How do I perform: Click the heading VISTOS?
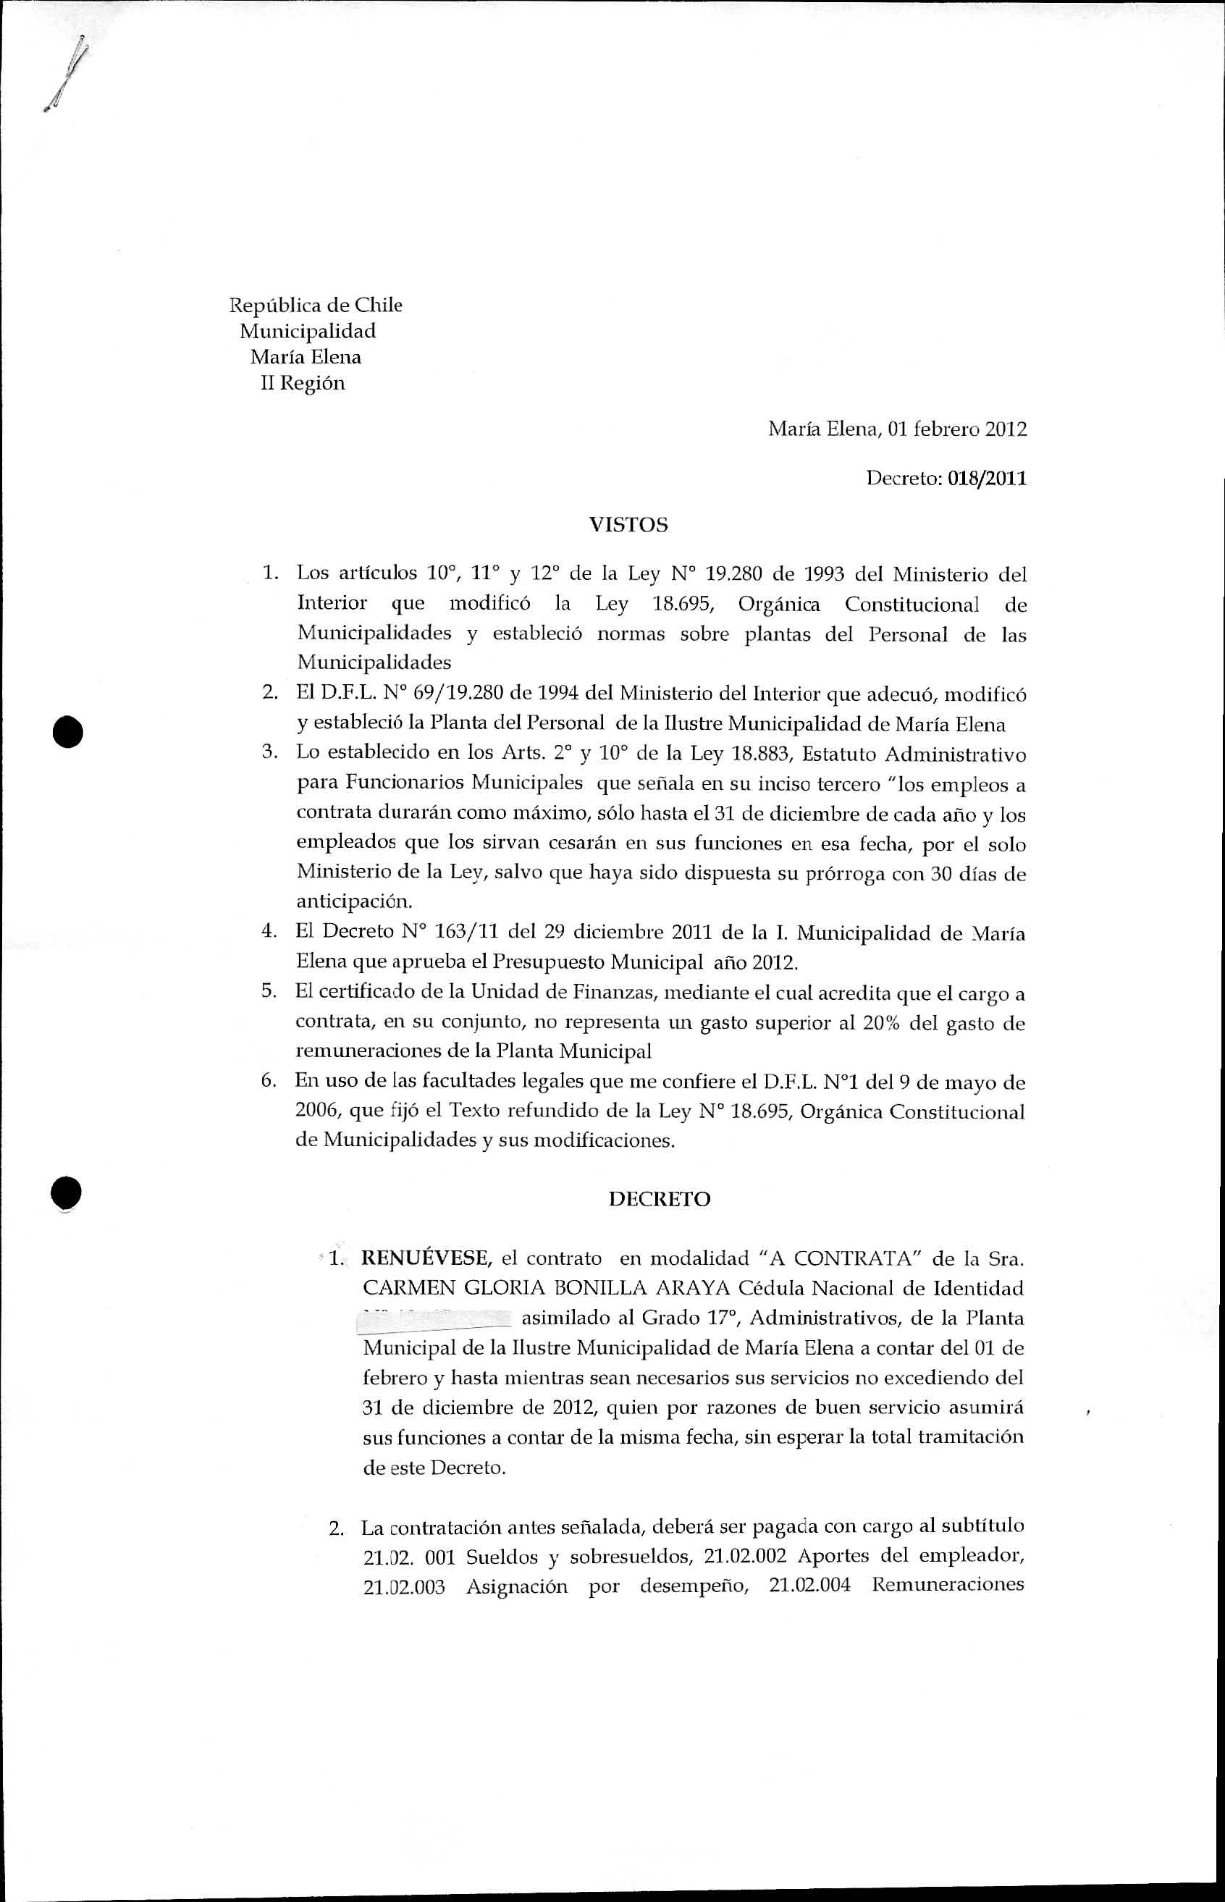coord(628,525)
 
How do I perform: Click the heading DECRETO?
coord(660,1199)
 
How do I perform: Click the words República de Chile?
coord(316,306)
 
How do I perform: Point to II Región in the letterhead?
coord(303,384)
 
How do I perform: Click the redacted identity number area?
coord(435,1317)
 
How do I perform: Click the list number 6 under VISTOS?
coord(268,1082)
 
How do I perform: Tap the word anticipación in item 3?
coord(344,902)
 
